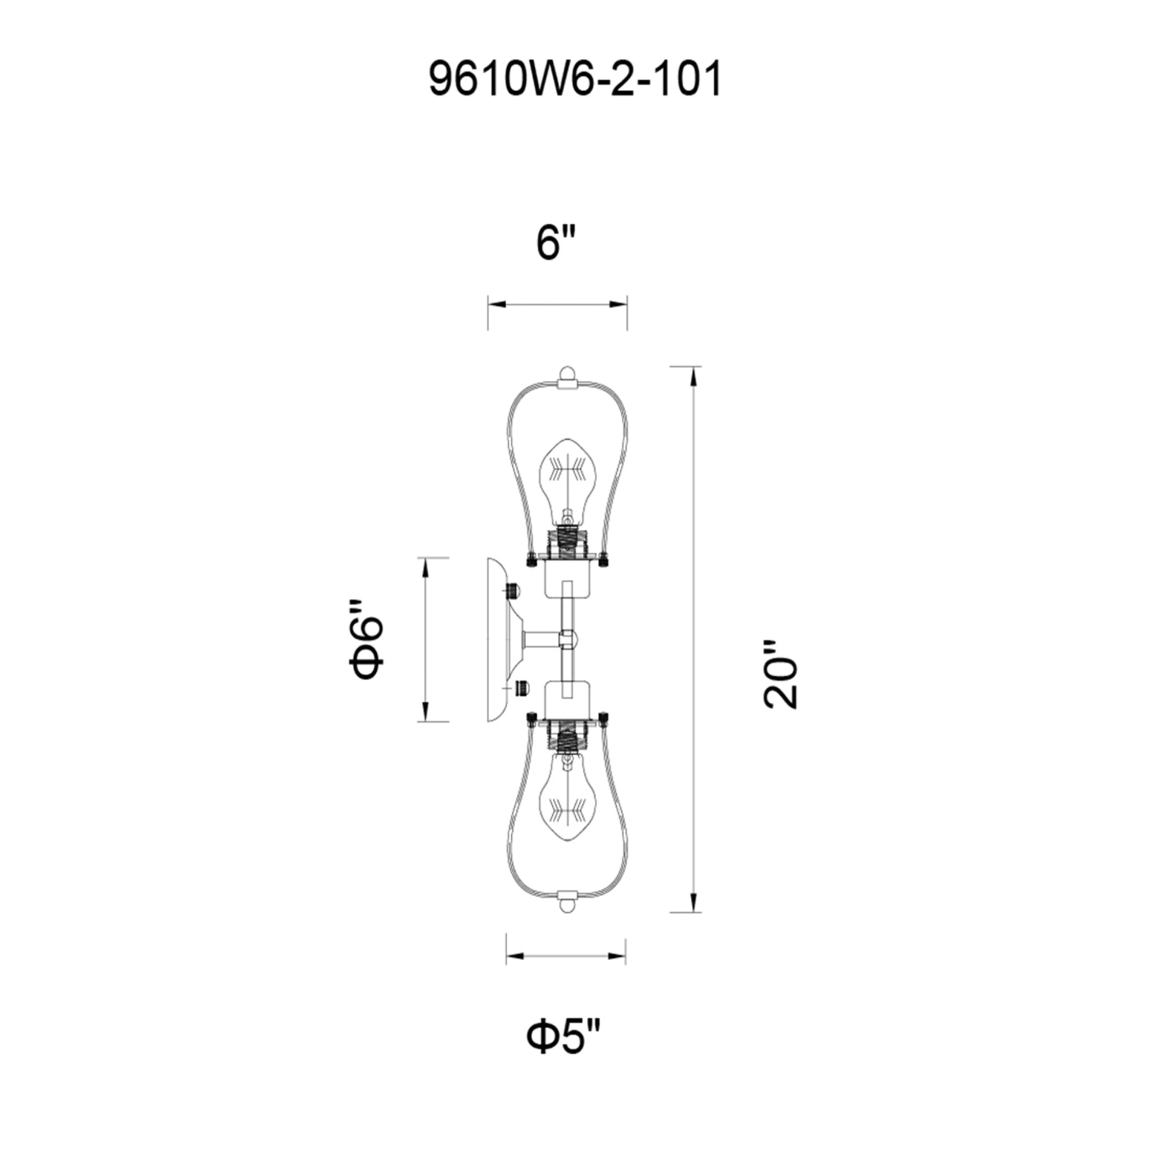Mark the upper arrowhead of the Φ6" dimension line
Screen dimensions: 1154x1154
pyautogui.click(x=425, y=567)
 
